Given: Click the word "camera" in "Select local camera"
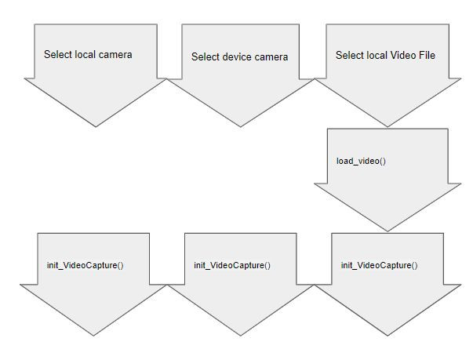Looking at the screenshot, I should (x=114, y=55).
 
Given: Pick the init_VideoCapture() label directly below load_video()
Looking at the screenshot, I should (x=379, y=265).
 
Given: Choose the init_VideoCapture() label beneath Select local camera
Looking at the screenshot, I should (x=85, y=265).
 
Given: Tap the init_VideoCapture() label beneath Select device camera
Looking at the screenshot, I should (x=232, y=265).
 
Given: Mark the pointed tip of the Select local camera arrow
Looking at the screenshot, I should (x=94, y=126).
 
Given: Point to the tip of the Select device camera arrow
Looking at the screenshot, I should (x=241, y=126).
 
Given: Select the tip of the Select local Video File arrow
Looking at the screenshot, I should (x=388, y=126).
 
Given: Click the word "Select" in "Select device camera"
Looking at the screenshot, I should (x=206, y=57).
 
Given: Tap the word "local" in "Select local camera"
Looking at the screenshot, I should (x=84, y=55).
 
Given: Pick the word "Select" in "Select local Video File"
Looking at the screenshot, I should (x=350, y=55).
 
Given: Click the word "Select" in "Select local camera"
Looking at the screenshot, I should (x=58, y=55).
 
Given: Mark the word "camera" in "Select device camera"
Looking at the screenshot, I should (x=271, y=57).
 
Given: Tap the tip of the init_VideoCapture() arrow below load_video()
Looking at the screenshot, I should (x=387, y=336).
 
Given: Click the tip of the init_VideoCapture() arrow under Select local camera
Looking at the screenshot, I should (x=94, y=336).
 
